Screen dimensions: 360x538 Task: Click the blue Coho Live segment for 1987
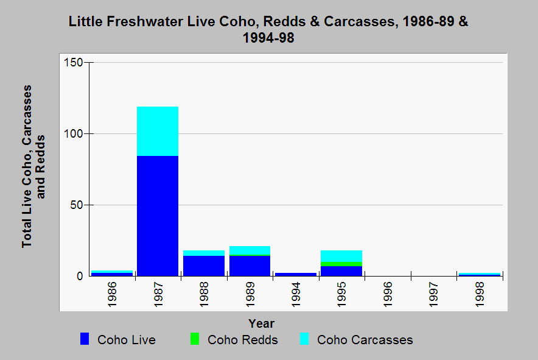pos(158,216)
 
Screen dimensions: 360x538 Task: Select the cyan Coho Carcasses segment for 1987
pos(158,131)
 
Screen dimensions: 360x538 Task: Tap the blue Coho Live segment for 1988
pos(204,266)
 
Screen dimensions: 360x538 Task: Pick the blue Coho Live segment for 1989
pos(250,266)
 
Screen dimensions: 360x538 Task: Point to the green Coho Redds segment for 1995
pos(341,264)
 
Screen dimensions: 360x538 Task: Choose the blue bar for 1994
pos(296,274)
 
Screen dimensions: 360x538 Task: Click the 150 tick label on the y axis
pos(73,63)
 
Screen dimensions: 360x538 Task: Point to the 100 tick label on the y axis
pos(73,133)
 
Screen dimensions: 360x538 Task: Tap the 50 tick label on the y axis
pos(76,205)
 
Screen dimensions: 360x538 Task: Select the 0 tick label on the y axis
pos(79,276)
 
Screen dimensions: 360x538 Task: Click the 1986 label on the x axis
pos(113,292)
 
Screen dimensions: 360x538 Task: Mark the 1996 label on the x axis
pos(388,292)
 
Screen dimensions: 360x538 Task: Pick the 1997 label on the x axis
pos(433,292)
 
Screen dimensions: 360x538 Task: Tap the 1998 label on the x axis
pos(480,292)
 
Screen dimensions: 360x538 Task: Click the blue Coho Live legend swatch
pos(85,340)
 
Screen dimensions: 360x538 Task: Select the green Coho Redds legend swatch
pos(195,340)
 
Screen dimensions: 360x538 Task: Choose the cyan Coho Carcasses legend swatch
pos(304,340)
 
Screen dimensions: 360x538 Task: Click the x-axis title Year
pos(261,323)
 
